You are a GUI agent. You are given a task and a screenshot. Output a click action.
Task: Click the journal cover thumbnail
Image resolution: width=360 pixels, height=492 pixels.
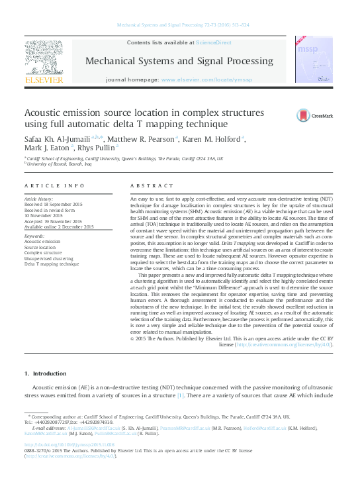pyautogui.click(x=310, y=60)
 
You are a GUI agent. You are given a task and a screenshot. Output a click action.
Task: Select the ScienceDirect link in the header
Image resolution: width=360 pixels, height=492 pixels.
pyautogui.click(x=213, y=42)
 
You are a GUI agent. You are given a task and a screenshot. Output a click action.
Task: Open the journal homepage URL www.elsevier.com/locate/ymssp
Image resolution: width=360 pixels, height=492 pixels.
pyautogui.click(x=206, y=79)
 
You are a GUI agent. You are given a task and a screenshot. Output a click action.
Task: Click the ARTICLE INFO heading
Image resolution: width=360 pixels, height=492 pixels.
pyautogui.click(x=54, y=186)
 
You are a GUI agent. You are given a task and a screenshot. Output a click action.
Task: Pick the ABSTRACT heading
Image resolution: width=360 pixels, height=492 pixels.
pyautogui.click(x=151, y=186)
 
